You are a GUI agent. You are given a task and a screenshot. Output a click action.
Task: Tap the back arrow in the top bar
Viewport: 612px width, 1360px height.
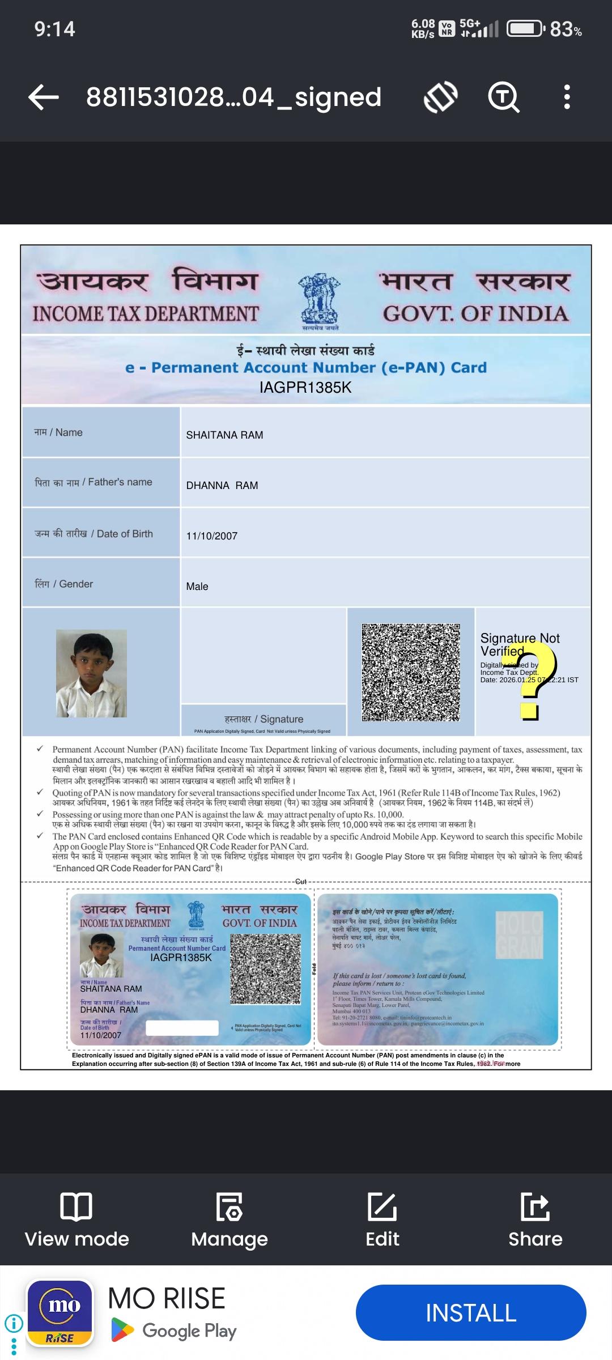tap(44, 97)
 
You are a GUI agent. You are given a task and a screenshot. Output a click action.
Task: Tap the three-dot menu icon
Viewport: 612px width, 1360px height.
tap(567, 97)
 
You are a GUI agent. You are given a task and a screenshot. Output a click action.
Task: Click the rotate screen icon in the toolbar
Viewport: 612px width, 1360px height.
tap(441, 97)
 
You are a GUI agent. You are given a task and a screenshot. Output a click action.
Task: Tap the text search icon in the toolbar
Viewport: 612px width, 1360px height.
tap(503, 97)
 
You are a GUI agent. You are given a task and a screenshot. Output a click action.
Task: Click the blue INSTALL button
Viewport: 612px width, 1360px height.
tap(471, 1312)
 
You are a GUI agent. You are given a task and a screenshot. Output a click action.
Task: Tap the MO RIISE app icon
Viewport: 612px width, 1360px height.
tap(60, 1313)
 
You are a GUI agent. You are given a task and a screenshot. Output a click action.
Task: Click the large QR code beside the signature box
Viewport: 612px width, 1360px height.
tap(411, 672)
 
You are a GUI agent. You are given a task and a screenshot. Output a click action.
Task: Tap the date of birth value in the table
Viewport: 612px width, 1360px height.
tap(212, 536)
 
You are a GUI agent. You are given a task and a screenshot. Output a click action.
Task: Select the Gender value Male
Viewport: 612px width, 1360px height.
tap(197, 586)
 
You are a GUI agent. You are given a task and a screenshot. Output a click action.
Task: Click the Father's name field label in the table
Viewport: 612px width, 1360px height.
tap(93, 482)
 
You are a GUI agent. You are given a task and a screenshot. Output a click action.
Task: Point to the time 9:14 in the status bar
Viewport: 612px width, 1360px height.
tap(54, 29)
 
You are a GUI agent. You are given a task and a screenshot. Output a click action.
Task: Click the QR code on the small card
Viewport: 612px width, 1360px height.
tap(265, 970)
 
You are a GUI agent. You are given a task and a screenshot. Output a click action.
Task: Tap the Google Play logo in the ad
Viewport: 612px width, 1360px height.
tap(122, 1330)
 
